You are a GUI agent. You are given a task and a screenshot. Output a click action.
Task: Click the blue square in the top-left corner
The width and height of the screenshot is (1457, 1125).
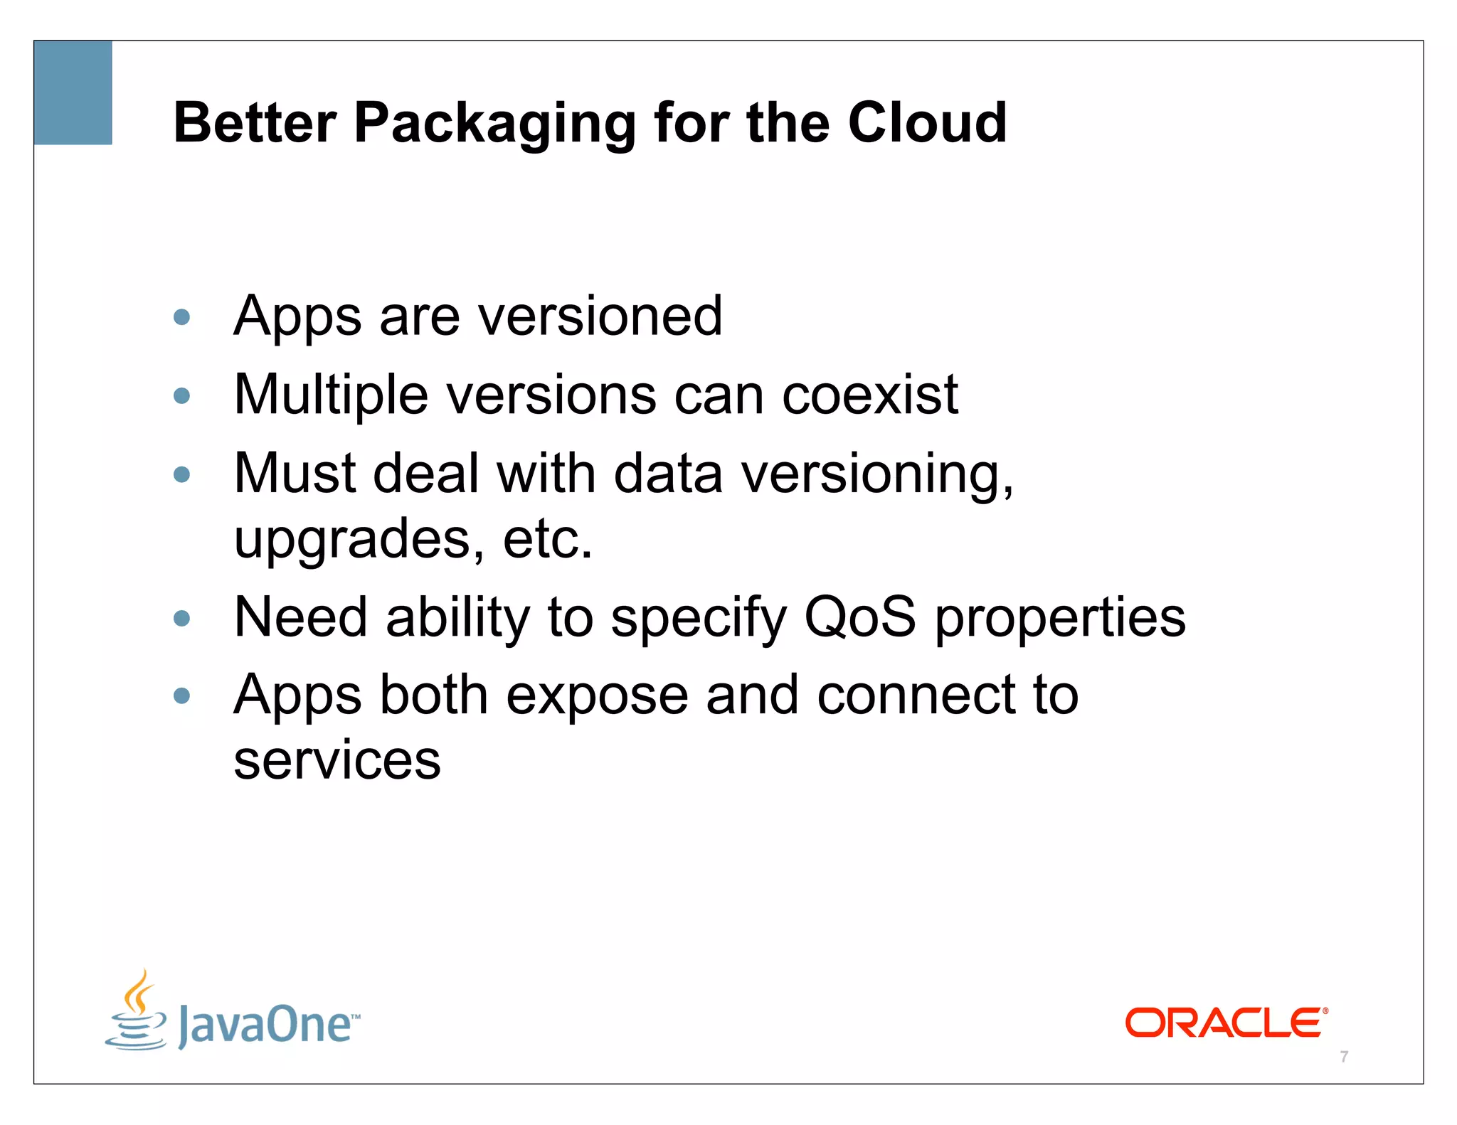coord(73,92)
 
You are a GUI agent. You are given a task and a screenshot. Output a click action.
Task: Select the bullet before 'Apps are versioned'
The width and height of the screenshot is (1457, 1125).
coord(182,316)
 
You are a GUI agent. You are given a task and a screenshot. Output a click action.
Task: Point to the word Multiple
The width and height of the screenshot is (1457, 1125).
coord(331,395)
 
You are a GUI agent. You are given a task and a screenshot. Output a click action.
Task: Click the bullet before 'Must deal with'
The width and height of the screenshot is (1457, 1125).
coord(182,474)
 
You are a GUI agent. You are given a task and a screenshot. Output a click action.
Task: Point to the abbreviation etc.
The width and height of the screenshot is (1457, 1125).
coord(547,539)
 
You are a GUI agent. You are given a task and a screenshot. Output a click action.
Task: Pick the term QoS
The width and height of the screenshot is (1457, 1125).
coord(859,617)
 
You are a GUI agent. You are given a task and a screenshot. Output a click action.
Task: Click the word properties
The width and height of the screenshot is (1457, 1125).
coord(1060,618)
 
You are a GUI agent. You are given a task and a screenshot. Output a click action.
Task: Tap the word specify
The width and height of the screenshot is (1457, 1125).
coord(698,618)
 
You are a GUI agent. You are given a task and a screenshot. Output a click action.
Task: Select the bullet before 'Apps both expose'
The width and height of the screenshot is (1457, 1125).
coord(182,695)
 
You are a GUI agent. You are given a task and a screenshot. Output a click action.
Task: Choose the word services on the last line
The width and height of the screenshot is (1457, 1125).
coord(337,760)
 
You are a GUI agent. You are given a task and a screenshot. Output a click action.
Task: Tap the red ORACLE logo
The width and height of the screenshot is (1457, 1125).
coord(1226,1023)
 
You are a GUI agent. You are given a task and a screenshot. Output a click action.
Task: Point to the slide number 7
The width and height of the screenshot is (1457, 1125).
coord(1344,1057)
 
